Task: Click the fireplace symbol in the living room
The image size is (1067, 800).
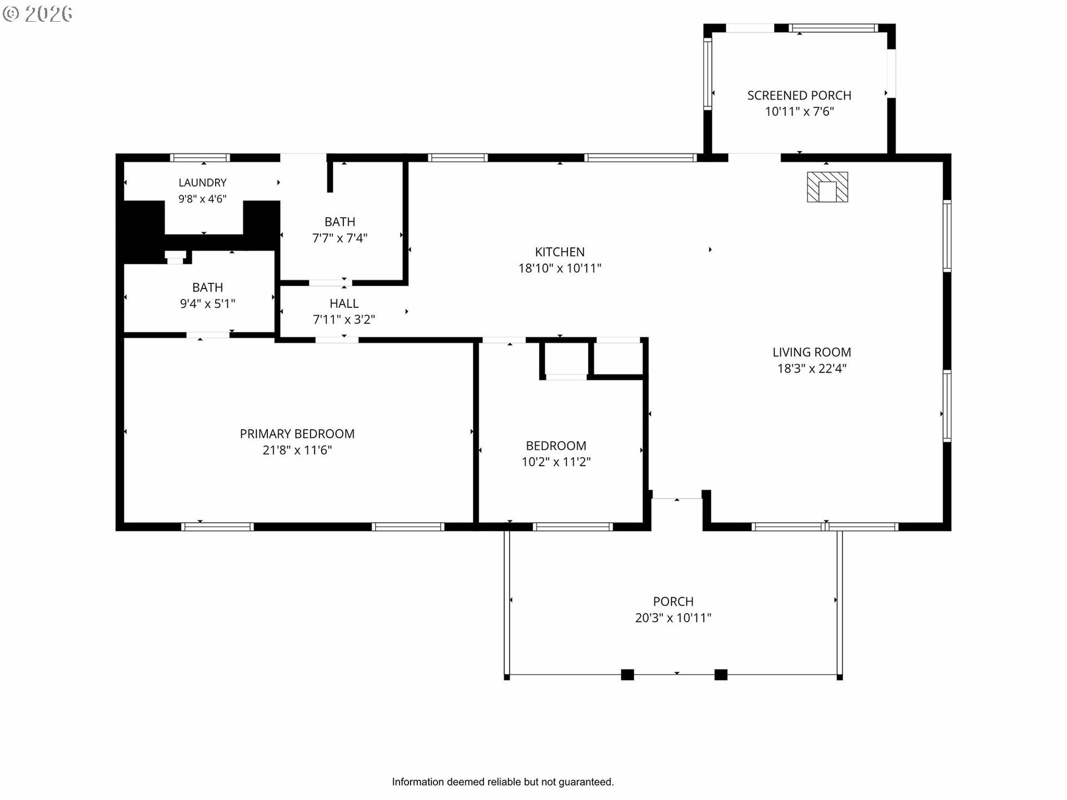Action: coord(827,187)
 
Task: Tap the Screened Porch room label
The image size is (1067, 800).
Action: coord(799,96)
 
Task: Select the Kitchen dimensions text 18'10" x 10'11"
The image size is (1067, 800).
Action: coord(560,268)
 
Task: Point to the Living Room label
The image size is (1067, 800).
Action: coord(811,352)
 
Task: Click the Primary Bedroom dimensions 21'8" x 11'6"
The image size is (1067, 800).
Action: coord(297,450)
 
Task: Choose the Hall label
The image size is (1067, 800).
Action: coord(344,303)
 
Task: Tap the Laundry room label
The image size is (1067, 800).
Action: coord(202,183)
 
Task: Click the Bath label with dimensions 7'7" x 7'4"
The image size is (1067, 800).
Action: coord(340,222)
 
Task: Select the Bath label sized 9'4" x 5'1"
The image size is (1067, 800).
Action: coord(207,287)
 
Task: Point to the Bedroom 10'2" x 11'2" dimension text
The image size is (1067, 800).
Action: coord(556,462)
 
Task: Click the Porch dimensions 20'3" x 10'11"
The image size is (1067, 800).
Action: coord(673,618)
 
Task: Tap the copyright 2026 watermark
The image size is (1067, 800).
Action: coord(37,14)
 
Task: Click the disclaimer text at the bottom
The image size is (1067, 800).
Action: coord(503,782)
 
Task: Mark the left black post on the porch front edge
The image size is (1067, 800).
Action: coord(627,675)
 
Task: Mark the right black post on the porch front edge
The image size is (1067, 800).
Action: coord(721,675)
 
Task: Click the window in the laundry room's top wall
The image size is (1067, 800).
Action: coord(200,158)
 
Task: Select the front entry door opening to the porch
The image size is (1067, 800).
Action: coord(677,498)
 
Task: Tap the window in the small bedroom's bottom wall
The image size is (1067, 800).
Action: coord(572,527)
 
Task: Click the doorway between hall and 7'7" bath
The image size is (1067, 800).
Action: coord(331,283)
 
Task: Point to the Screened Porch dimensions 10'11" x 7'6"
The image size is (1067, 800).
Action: coord(799,112)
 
